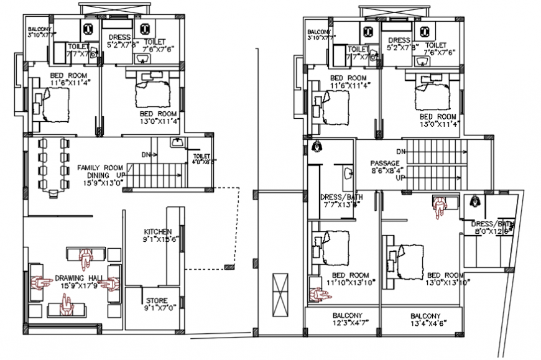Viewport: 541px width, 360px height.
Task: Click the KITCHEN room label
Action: (157, 231)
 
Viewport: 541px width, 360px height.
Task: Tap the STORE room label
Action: (156, 300)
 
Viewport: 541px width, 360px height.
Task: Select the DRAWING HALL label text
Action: (78, 278)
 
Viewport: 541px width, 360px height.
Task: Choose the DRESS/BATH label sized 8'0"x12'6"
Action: (492, 224)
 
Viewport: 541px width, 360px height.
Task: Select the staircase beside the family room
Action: (155, 173)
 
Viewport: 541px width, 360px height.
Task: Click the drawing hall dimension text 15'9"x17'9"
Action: (78, 285)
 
